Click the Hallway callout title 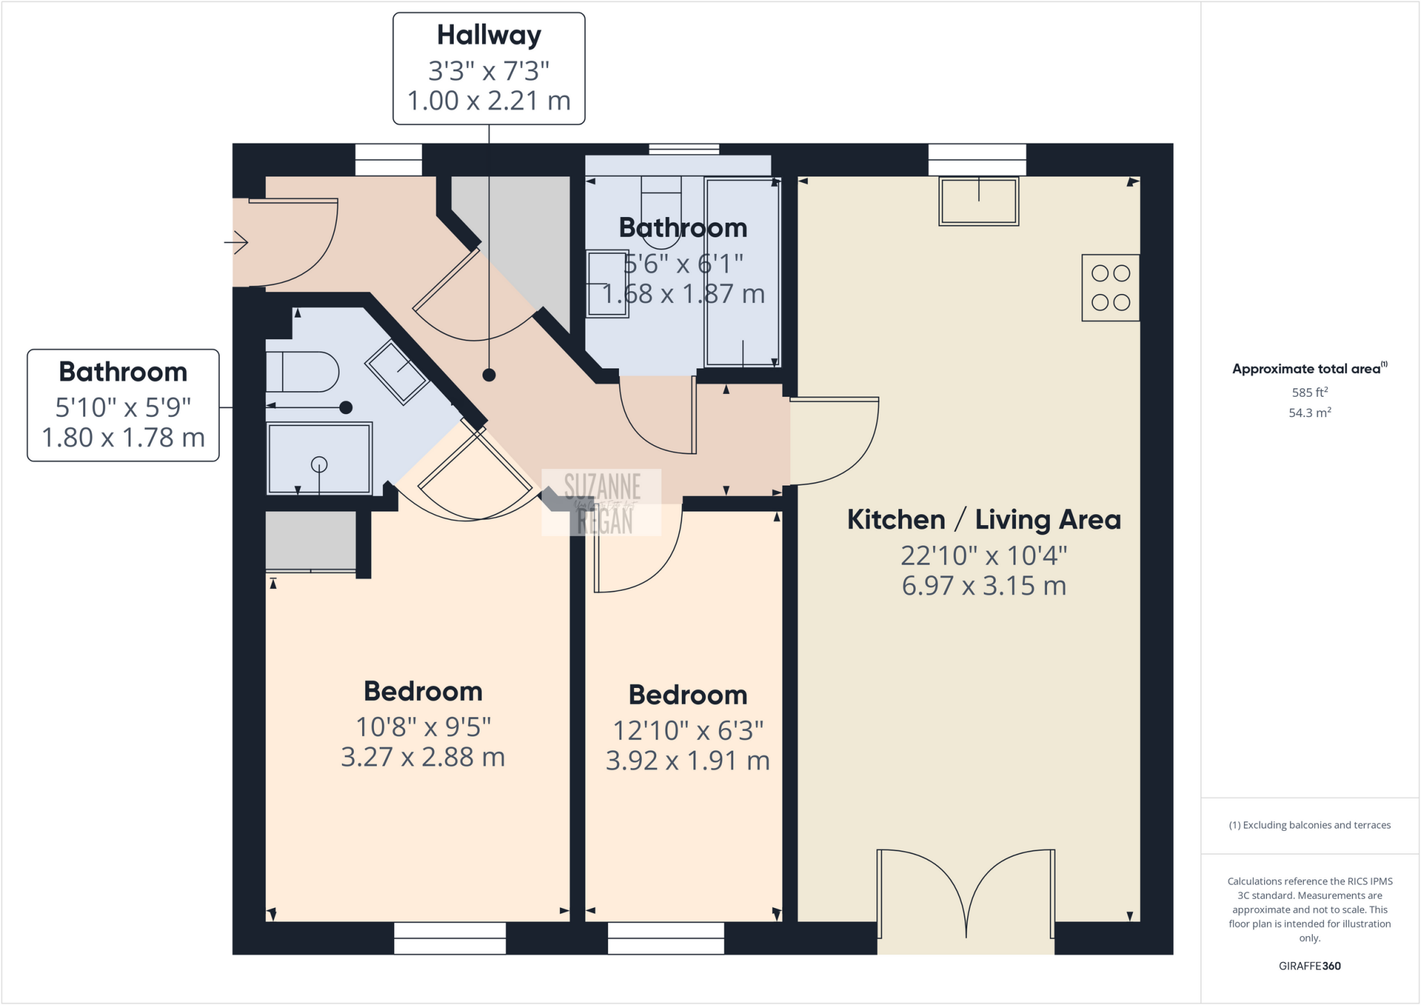[488, 35]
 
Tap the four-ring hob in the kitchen [1110, 288]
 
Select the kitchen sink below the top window [978, 201]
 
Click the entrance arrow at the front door [237, 243]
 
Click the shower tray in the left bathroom [319, 458]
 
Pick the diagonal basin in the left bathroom [397, 372]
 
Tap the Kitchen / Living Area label [984, 519]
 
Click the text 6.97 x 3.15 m [984, 586]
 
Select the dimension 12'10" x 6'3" [688, 730]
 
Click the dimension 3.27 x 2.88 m [423, 757]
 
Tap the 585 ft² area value [1309, 392]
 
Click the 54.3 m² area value [1309, 413]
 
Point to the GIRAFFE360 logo [1309, 965]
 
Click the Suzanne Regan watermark [601, 502]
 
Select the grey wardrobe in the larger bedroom [310, 540]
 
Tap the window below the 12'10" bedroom [666, 938]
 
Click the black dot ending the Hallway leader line [489, 375]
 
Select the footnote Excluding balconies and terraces [1309, 825]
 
